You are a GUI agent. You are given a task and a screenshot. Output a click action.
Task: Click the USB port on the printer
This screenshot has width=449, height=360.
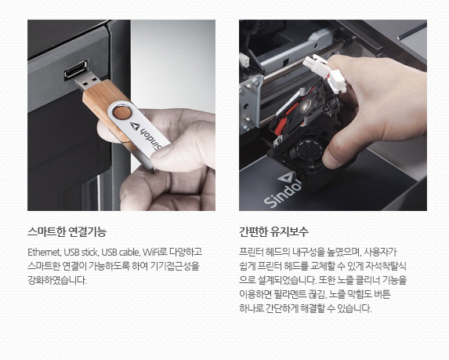click(x=76, y=70)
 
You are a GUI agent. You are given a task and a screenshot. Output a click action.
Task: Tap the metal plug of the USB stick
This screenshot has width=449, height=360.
click(x=88, y=81)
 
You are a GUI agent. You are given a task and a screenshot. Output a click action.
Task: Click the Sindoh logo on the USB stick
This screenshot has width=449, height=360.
click(x=146, y=135)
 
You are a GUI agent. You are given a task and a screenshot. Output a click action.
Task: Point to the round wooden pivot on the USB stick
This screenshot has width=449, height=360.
click(x=121, y=112)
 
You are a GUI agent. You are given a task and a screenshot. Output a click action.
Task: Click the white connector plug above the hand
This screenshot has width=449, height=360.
click(x=324, y=73)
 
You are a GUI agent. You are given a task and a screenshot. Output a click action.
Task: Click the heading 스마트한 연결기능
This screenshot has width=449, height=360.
click(x=67, y=231)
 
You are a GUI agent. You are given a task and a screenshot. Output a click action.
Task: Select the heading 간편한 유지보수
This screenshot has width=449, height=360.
click(x=273, y=231)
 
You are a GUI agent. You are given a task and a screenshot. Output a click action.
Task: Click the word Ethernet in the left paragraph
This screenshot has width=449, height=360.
click(x=44, y=253)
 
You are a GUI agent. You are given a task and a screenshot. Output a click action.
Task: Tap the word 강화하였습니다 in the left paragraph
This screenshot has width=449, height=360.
click(x=57, y=280)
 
